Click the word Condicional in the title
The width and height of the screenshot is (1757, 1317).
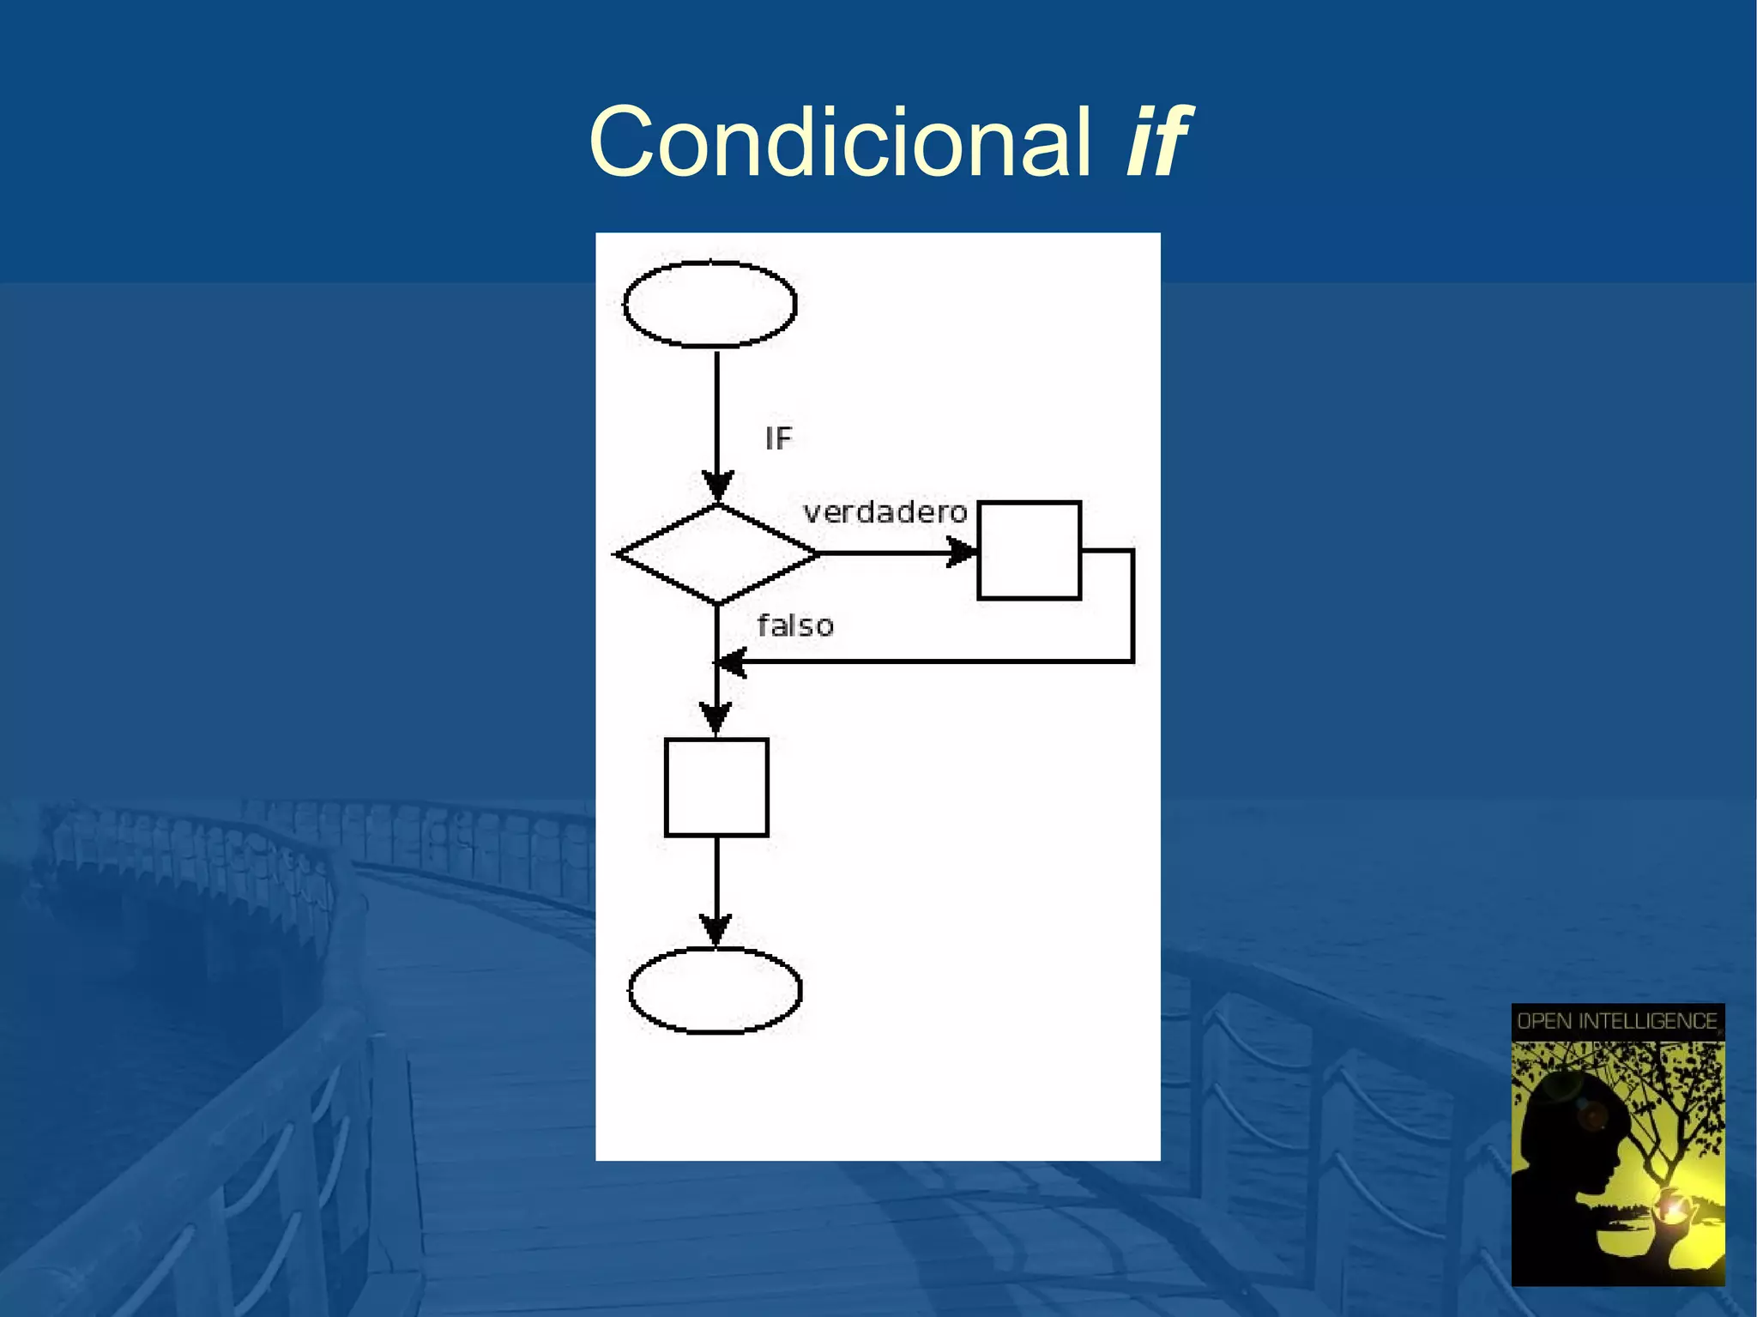click(839, 142)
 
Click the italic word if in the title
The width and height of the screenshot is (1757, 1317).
click(1156, 142)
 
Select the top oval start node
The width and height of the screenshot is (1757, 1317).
click(709, 305)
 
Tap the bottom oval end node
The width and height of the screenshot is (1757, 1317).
click(715, 990)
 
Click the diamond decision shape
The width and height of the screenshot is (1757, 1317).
click(717, 554)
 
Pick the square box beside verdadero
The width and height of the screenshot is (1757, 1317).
click(1029, 550)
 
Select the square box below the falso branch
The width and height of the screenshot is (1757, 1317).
click(716, 787)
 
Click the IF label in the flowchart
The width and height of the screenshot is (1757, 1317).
click(778, 439)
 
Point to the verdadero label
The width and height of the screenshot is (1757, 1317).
click(885, 513)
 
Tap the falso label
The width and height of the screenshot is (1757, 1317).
click(795, 626)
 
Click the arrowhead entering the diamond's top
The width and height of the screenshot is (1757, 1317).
click(717, 486)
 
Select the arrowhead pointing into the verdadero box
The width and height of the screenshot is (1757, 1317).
click(961, 553)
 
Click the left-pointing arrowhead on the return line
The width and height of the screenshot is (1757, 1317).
click(731, 662)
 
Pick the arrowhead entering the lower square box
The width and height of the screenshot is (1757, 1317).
click(716, 718)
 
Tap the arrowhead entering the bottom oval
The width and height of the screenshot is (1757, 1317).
click(715, 930)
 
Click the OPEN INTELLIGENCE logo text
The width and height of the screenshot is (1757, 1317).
click(1617, 1021)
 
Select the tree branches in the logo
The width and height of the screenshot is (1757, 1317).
click(1673, 1090)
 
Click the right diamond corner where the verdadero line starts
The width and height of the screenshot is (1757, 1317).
click(818, 554)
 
